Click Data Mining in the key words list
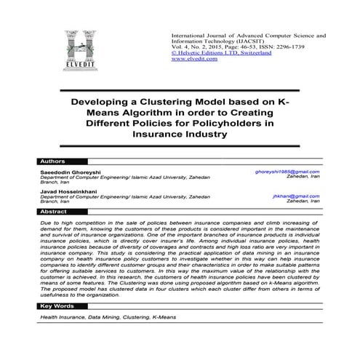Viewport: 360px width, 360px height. pos(107,338)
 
